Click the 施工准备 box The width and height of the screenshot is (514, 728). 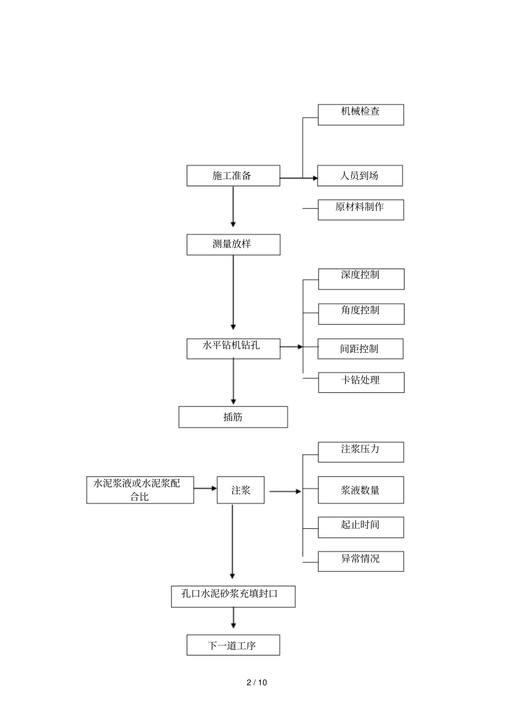[233, 176]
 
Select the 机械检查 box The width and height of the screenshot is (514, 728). [360, 115]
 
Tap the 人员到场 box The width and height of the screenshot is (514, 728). [360, 176]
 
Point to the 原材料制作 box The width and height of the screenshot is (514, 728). [360, 209]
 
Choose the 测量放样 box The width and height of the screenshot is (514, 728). [233, 245]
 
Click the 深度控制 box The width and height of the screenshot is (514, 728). [361, 279]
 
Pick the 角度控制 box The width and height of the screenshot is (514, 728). [361, 314]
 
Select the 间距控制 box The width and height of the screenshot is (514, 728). [360, 349]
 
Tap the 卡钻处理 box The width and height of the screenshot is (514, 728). [361, 382]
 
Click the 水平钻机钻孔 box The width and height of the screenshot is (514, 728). [233, 349]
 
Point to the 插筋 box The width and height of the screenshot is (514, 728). [233, 417]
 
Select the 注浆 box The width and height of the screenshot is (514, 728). [241, 490]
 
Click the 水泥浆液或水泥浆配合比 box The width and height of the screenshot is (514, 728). [140, 490]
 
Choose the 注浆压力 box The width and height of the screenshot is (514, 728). [360, 452]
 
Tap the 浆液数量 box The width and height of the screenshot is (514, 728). [360, 490]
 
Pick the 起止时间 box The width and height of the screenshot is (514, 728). [360, 527]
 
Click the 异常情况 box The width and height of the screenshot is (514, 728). [360, 561]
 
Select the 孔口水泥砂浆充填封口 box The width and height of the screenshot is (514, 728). [233, 596]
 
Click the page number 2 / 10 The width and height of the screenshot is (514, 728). [257, 683]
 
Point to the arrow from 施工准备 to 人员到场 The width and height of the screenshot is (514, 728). [298, 178]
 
